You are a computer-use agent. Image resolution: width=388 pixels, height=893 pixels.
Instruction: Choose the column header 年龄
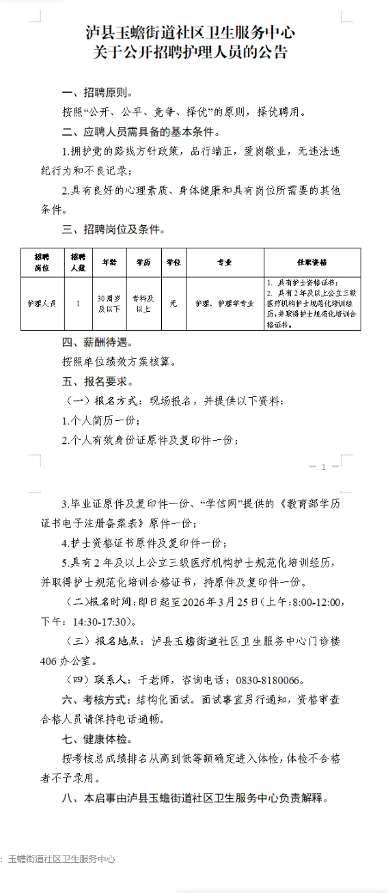pos(109,262)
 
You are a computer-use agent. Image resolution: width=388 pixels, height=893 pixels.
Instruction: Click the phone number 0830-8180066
pos(268,680)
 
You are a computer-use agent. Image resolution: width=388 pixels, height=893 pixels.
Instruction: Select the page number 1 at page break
pos(334,467)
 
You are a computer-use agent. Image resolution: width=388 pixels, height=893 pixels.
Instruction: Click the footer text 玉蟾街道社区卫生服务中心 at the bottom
pos(61,859)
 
